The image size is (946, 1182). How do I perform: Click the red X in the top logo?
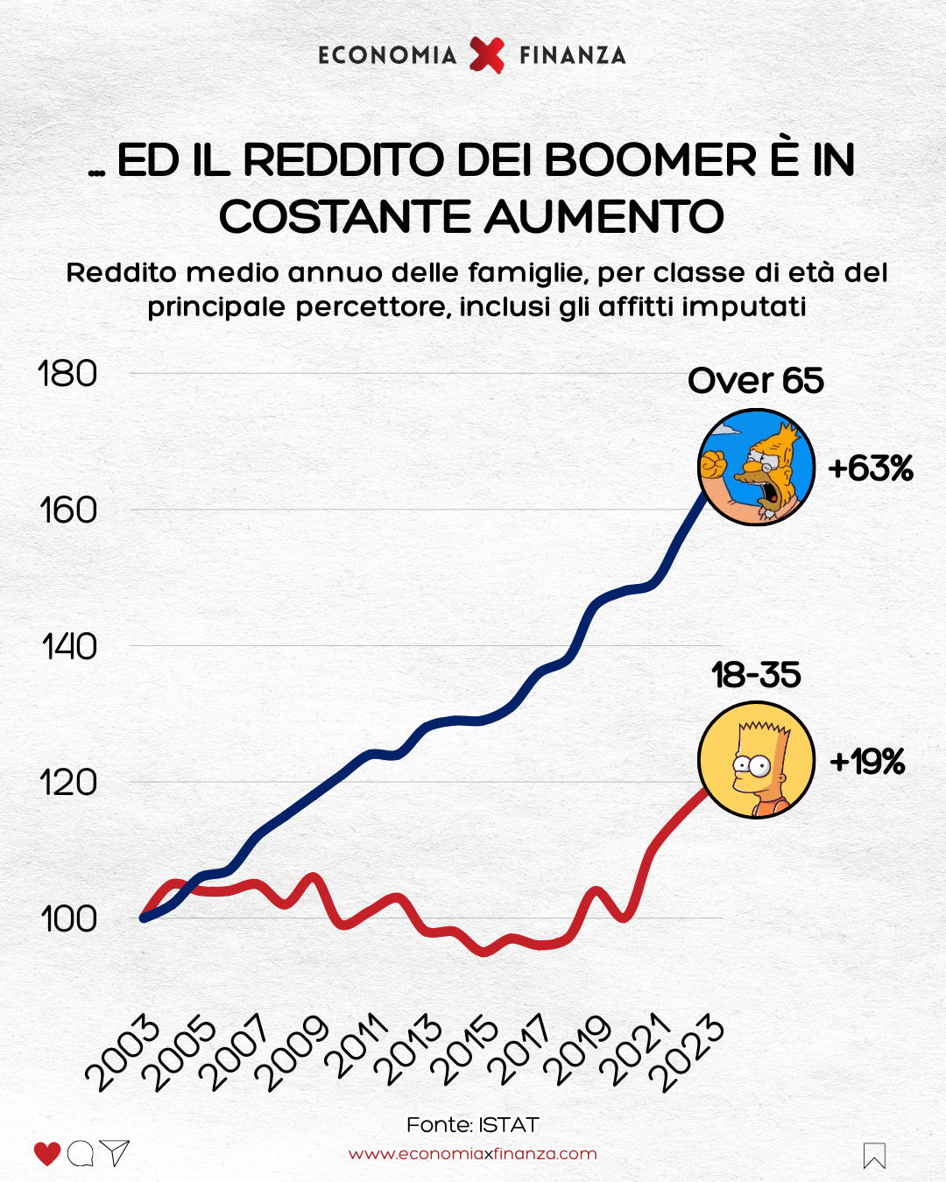point(487,55)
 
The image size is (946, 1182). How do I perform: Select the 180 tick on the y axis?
point(67,374)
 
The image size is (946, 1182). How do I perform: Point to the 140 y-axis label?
point(69,647)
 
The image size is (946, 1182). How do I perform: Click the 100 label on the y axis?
point(68,919)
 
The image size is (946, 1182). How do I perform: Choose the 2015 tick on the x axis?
point(463,1052)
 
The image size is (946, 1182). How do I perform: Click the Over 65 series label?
point(755,381)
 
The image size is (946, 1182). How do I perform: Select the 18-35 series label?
point(756,675)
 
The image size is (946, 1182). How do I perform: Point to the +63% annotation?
point(870,468)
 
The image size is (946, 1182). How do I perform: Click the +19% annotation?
point(867,762)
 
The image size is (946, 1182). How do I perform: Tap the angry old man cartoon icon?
point(756,467)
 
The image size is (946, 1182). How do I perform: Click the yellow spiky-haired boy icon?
point(756,760)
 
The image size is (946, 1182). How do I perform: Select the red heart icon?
point(47,1154)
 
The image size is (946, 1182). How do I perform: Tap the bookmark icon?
point(874,1156)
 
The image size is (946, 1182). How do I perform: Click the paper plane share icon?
point(115,1153)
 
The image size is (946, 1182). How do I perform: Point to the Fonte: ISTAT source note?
point(472,1125)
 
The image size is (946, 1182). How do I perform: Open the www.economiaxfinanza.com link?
point(472,1154)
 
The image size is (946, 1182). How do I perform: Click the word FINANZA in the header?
point(572,55)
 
